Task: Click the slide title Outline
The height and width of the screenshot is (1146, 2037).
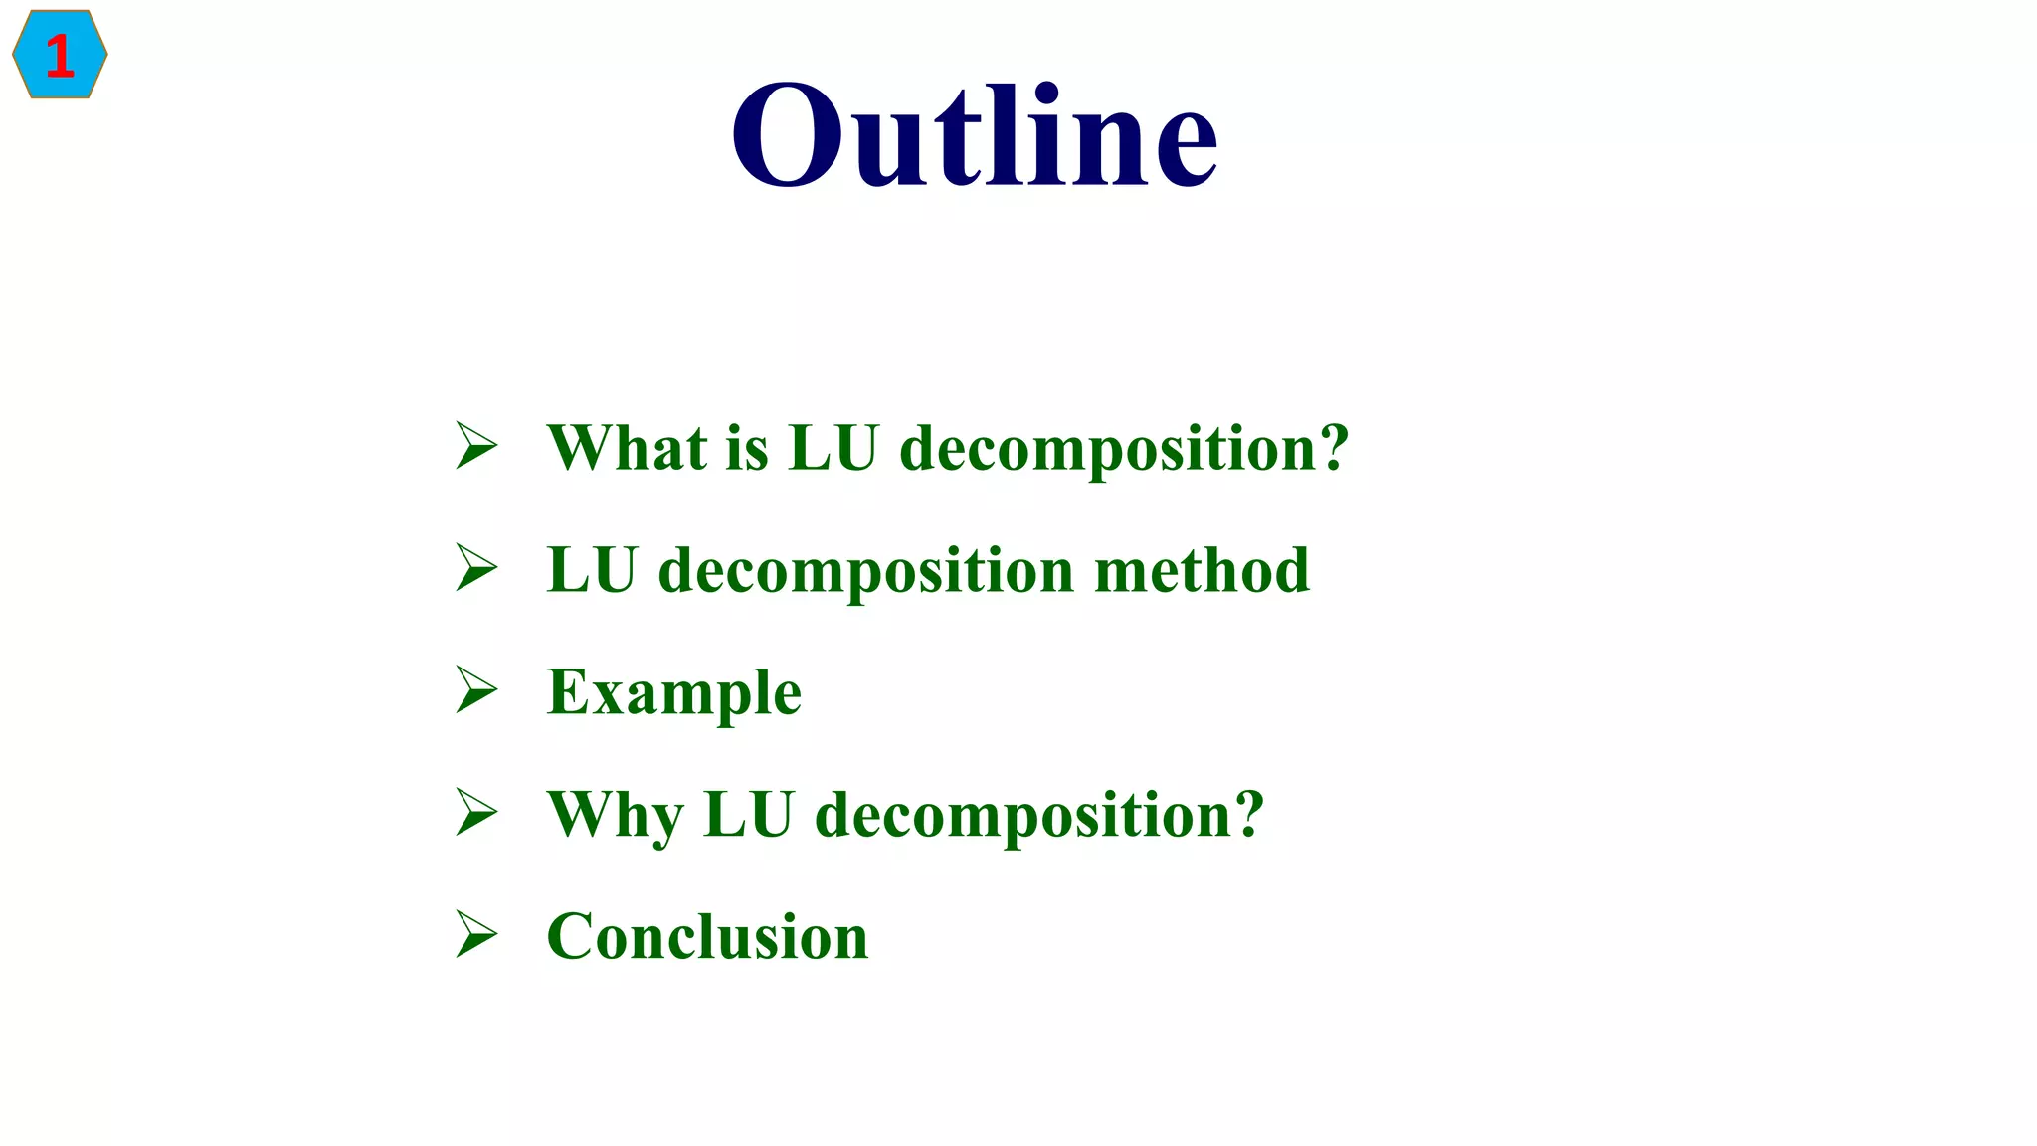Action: (975, 134)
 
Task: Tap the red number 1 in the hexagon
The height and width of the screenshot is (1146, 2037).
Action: (60, 56)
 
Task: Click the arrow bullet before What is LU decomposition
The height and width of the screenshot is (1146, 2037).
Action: (476, 445)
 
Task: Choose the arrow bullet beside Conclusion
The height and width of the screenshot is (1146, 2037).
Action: (476, 934)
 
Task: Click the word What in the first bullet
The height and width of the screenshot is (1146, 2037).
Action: (628, 447)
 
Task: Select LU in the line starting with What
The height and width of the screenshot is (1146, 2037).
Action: (833, 447)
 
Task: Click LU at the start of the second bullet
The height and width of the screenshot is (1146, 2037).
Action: (592, 570)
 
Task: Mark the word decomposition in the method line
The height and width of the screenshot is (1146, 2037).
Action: (866, 572)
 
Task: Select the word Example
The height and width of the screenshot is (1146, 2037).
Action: (674, 693)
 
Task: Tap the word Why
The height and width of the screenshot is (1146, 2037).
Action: (616, 816)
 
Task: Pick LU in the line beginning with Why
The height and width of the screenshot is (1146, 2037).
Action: (749, 815)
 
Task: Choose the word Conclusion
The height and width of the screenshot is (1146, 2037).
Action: (707, 937)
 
